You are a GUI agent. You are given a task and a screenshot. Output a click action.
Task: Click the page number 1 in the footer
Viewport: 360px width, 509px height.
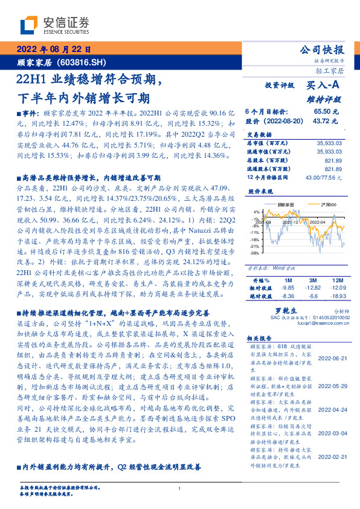[x=180, y=488]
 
